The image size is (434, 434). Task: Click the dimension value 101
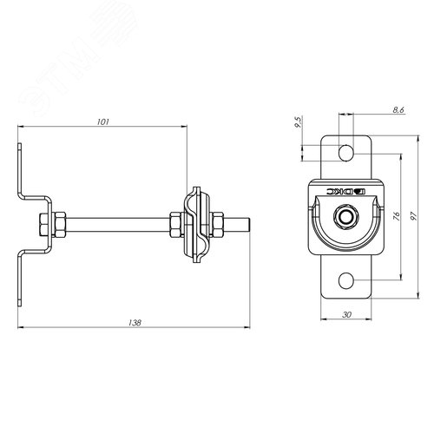point(103,122)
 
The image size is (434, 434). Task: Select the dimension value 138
point(135,323)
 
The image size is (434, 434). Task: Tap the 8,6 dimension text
point(398,110)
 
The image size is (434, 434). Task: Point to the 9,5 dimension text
point(298,122)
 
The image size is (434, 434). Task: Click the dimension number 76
point(397,216)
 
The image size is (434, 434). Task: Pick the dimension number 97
point(413,216)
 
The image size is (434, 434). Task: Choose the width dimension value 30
point(346,314)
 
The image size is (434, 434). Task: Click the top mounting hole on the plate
point(345,153)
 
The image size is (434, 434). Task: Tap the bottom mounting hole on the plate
point(345,280)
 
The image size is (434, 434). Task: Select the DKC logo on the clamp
point(346,191)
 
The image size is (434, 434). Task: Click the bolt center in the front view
point(345,216)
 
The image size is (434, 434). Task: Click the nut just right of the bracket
point(60,225)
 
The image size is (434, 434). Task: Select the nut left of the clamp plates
point(175,225)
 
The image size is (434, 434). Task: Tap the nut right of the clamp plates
point(217,225)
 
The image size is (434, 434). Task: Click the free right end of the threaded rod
point(250,225)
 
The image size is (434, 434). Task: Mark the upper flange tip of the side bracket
point(20,144)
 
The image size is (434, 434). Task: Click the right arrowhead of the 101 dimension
point(184,126)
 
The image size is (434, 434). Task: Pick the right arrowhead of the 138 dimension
point(247,327)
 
